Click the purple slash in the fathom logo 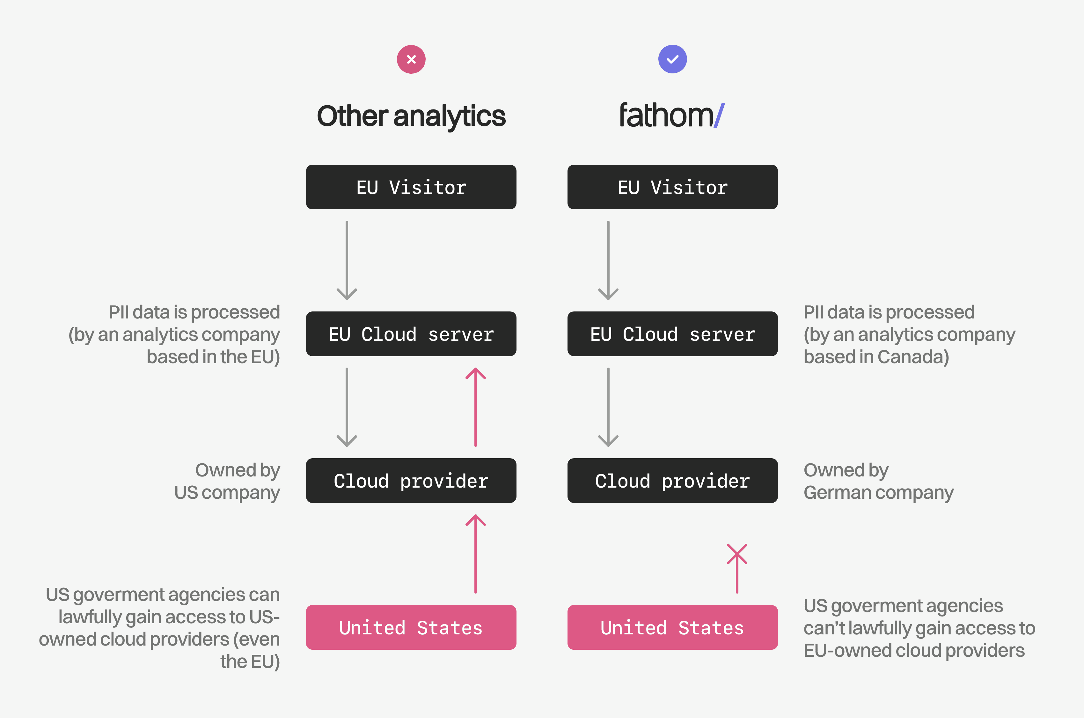tap(719, 116)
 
